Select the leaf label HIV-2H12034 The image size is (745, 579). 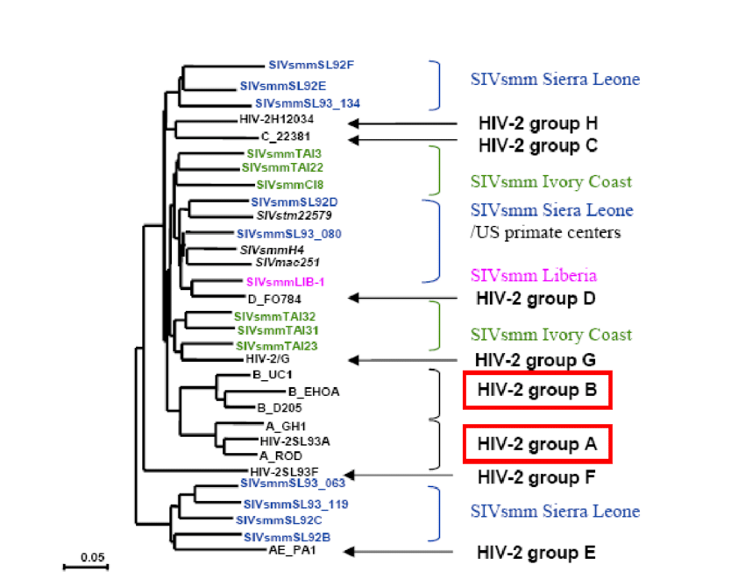(276, 119)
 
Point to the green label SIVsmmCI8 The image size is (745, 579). (290, 185)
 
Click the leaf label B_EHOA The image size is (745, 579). (313, 391)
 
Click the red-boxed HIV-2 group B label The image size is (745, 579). (537, 391)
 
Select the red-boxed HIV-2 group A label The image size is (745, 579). (537, 444)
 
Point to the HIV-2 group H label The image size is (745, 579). (537, 123)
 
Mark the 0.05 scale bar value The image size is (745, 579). (86, 556)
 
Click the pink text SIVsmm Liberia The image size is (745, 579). (521, 276)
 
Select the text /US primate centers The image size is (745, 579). (545, 233)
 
